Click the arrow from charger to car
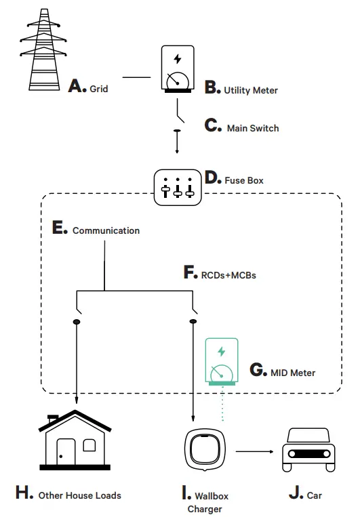click(x=254, y=451)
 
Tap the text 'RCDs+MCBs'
click(x=229, y=275)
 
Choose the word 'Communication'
click(x=106, y=230)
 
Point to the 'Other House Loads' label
click(x=79, y=495)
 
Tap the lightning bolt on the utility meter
click(x=178, y=58)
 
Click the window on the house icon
click(x=89, y=445)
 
